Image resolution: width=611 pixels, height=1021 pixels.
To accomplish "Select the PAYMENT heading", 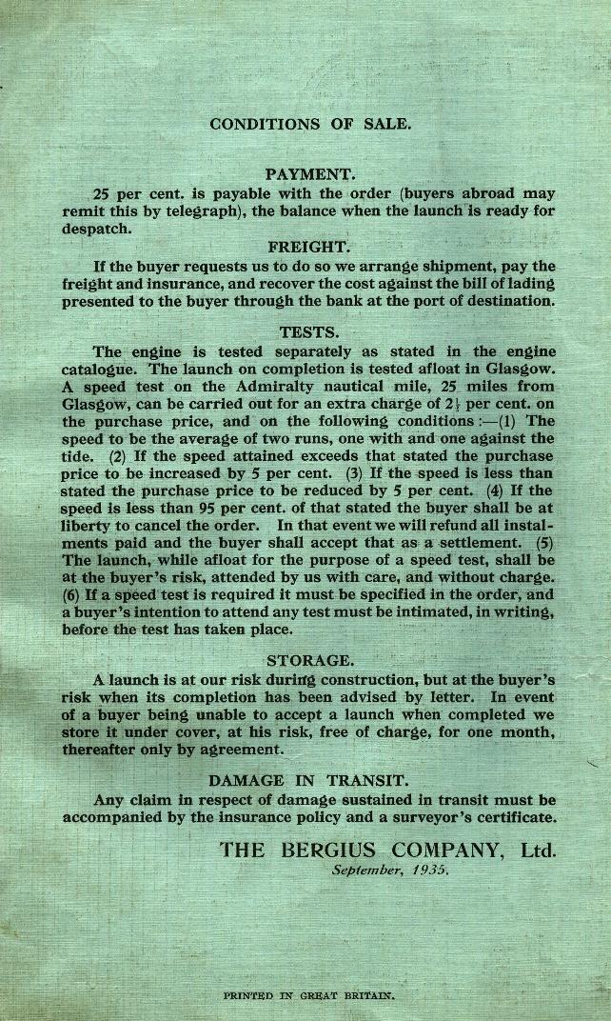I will (309, 174).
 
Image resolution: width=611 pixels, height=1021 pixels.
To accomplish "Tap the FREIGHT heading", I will (309, 246).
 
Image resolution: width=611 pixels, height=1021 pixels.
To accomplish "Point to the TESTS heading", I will (308, 332).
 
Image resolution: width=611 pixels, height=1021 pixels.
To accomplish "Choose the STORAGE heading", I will (308, 660).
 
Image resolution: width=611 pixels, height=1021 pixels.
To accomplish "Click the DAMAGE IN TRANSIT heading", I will (308, 781).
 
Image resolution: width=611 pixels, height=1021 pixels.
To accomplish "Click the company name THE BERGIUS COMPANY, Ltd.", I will (387, 849).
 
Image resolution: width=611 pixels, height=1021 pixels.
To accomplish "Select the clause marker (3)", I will (354, 473).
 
